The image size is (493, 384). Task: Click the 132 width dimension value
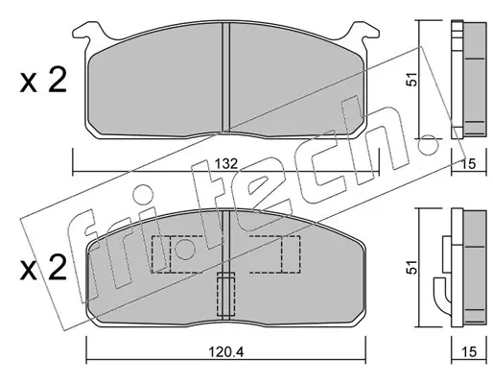click(x=225, y=164)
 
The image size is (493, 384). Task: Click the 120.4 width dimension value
click(x=226, y=352)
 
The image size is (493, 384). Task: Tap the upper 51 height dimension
click(x=413, y=79)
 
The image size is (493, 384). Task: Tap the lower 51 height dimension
click(x=413, y=267)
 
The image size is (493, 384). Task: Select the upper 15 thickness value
click(x=469, y=164)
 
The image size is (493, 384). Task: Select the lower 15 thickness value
click(x=469, y=352)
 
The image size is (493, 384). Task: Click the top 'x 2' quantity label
click(x=43, y=81)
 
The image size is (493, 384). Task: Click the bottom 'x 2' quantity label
click(x=43, y=268)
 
